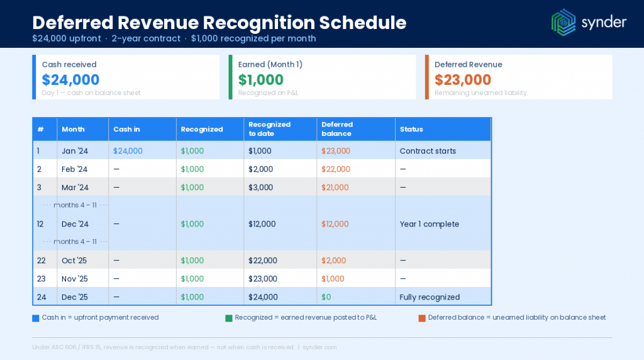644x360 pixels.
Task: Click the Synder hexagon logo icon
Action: coord(563,21)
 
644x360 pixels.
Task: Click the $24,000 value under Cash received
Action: coord(70,80)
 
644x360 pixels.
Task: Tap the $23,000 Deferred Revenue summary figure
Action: coord(462,80)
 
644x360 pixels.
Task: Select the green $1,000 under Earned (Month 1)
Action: coord(260,80)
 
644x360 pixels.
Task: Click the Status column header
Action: coord(411,129)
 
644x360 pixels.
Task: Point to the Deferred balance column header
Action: coord(337,129)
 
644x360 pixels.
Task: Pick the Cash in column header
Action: coord(126,129)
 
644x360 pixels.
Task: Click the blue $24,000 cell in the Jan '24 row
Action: coord(128,151)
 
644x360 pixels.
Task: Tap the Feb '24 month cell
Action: coord(75,169)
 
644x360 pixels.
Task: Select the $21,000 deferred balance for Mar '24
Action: coord(335,188)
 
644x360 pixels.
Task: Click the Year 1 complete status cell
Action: coord(430,224)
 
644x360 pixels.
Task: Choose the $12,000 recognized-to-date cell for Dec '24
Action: coord(263,224)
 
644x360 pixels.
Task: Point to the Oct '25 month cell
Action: coord(74,261)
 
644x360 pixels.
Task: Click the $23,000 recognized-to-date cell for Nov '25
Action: coord(263,279)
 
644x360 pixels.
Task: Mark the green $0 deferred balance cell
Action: coord(326,297)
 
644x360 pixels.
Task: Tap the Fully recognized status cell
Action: coord(430,297)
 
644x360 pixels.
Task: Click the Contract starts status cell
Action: coord(428,151)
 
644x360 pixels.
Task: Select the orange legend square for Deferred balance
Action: coord(421,318)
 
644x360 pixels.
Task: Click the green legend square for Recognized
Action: coord(228,318)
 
